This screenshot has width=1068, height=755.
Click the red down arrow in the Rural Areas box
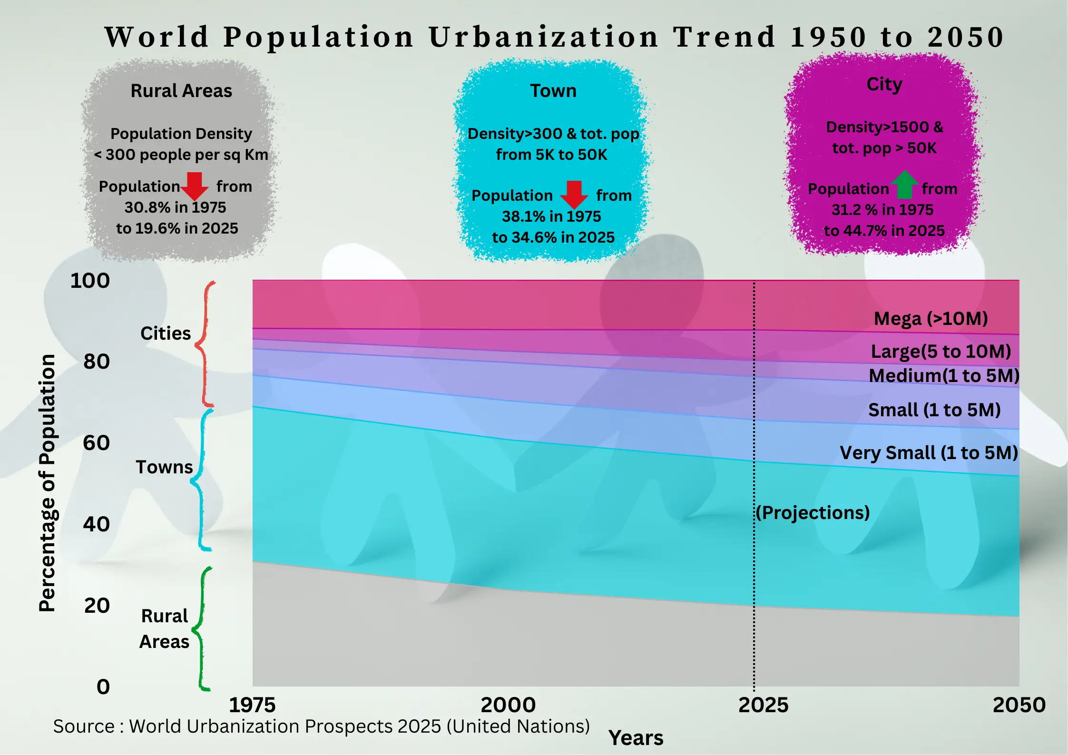point(195,186)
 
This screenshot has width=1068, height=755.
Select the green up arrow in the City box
point(904,185)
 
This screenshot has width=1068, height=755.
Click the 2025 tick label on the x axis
point(763,705)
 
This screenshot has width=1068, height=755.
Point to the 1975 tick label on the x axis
point(252,705)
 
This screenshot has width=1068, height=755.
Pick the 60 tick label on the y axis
point(96,443)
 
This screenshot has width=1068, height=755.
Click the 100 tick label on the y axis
point(90,281)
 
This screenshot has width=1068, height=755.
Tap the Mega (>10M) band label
point(931,319)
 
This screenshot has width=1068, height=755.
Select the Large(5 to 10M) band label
point(941,352)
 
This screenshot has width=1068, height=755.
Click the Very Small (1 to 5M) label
point(929,453)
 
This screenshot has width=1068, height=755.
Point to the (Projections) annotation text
point(813,512)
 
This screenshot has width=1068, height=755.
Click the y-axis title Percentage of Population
point(47,482)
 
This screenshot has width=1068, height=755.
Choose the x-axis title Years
point(636,738)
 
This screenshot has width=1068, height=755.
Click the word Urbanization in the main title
point(543,37)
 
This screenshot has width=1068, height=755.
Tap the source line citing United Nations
point(321,726)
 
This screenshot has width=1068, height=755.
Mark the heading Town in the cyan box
point(553,91)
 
